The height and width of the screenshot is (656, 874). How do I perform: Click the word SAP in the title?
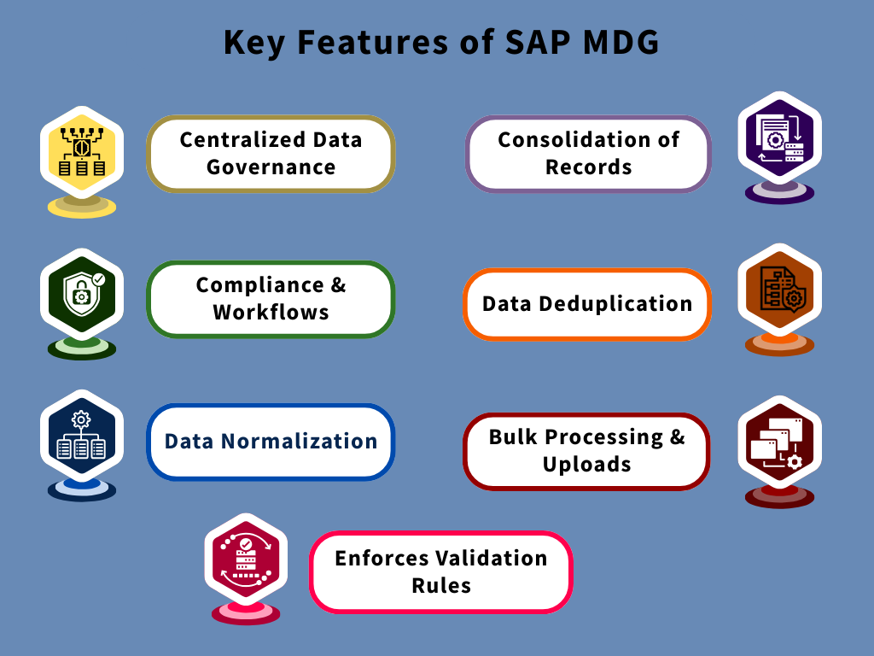click(533, 43)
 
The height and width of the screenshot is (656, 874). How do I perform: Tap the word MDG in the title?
click(616, 43)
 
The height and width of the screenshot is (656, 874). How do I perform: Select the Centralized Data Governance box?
click(271, 153)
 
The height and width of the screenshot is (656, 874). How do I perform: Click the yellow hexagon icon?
click(82, 154)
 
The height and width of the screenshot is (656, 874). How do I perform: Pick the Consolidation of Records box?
click(588, 153)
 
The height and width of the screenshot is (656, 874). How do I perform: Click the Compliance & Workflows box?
click(271, 298)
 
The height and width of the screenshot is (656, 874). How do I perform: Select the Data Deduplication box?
click(587, 304)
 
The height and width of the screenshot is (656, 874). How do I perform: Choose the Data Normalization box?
click(271, 442)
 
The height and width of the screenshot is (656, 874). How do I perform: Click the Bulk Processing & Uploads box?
click(586, 451)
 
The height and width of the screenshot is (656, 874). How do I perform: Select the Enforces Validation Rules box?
click(440, 571)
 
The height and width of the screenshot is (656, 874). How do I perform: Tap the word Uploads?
click(586, 465)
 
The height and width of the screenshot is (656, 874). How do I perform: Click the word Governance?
click(271, 167)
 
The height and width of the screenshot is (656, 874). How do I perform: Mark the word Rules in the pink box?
click(440, 586)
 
